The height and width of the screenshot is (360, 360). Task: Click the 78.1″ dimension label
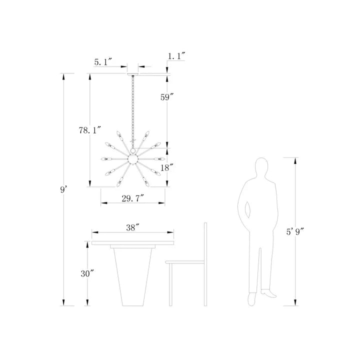(90, 130)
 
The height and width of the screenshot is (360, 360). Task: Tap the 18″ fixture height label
(166, 168)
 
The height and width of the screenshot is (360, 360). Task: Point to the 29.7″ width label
(132, 198)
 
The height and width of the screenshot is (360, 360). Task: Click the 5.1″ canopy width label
(103, 61)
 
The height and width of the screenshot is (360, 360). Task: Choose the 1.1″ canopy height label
(176, 56)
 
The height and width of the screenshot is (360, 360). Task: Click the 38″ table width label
(133, 227)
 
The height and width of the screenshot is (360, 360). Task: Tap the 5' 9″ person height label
(295, 232)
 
